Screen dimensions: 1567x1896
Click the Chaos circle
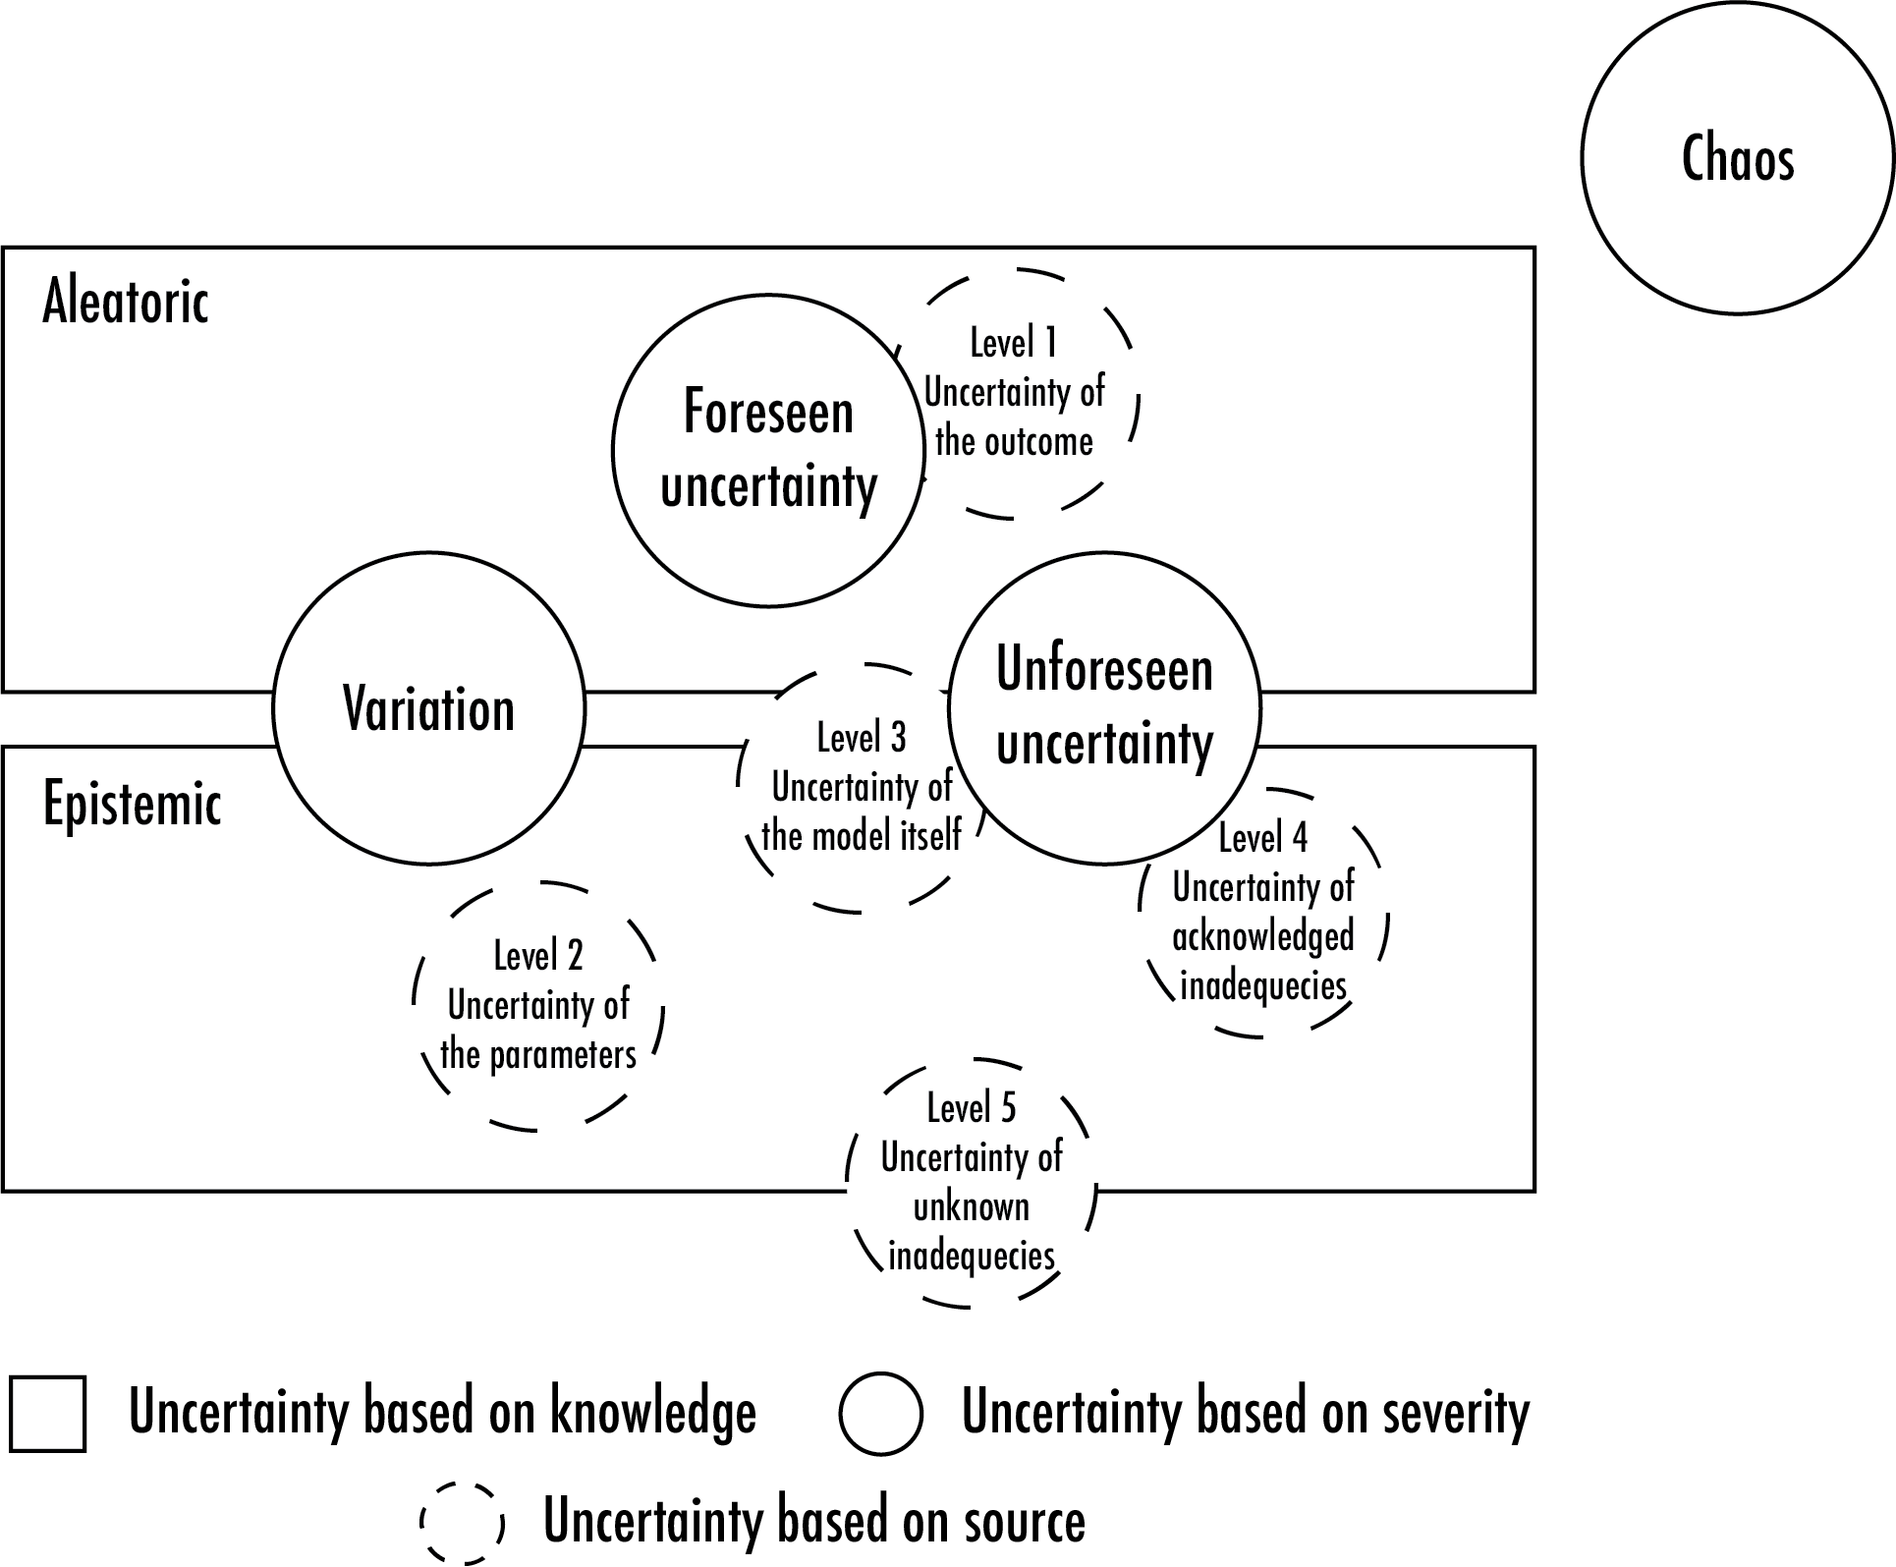(1737, 158)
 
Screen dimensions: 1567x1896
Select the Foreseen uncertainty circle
(768, 450)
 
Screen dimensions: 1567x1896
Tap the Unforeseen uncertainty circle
(1104, 707)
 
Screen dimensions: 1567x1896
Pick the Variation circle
(429, 708)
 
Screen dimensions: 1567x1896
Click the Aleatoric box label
(126, 301)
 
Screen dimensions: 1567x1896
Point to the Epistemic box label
(133, 804)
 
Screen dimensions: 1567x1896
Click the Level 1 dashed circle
(1015, 393)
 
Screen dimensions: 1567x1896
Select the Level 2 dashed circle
(538, 1005)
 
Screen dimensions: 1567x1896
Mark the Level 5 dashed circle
(972, 1182)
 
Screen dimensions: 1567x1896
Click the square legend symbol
(48, 1414)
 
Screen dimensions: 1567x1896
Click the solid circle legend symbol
(881, 1414)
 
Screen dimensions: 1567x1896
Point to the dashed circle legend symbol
(462, 1522)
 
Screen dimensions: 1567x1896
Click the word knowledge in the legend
(653, 1412)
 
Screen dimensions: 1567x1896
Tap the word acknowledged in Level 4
(1263, 936)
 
